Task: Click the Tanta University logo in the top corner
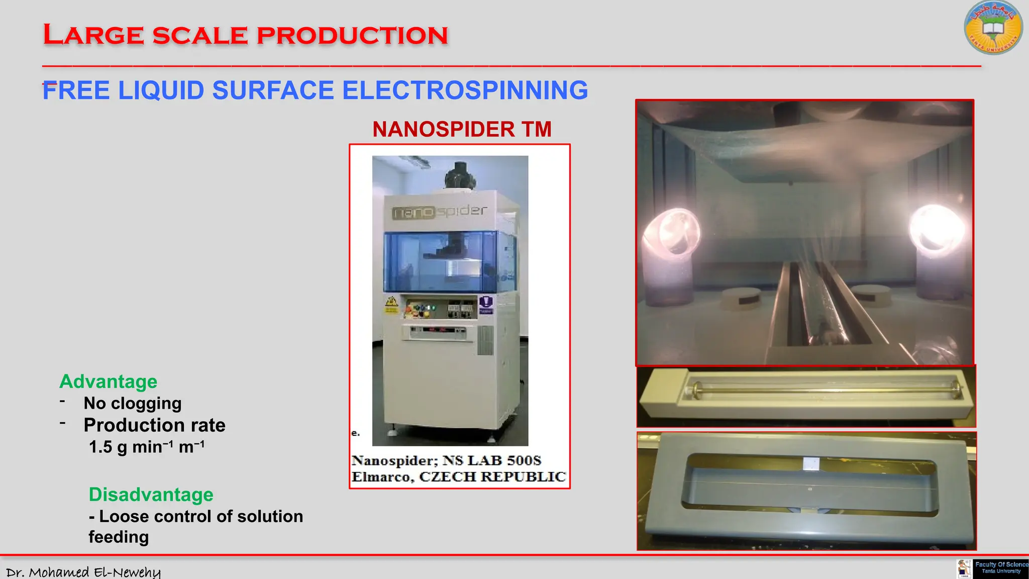(x=993, y=28)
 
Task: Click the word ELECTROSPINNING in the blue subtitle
(x=465, y=91)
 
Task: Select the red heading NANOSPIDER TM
(x=462, y=130)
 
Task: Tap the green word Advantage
(x=108, y=382)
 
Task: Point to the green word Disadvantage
(x=151, y=495)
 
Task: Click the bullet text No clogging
(x=133, y=404)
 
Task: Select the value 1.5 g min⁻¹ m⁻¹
(x=146, y=447)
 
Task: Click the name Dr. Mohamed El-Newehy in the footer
(x=83, y=572)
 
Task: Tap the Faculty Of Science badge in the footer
(x=1000, y=568)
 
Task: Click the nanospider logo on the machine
(x=439, y=212)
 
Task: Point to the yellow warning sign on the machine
(x=391, y=303)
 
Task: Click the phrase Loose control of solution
(x=201, y=517)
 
